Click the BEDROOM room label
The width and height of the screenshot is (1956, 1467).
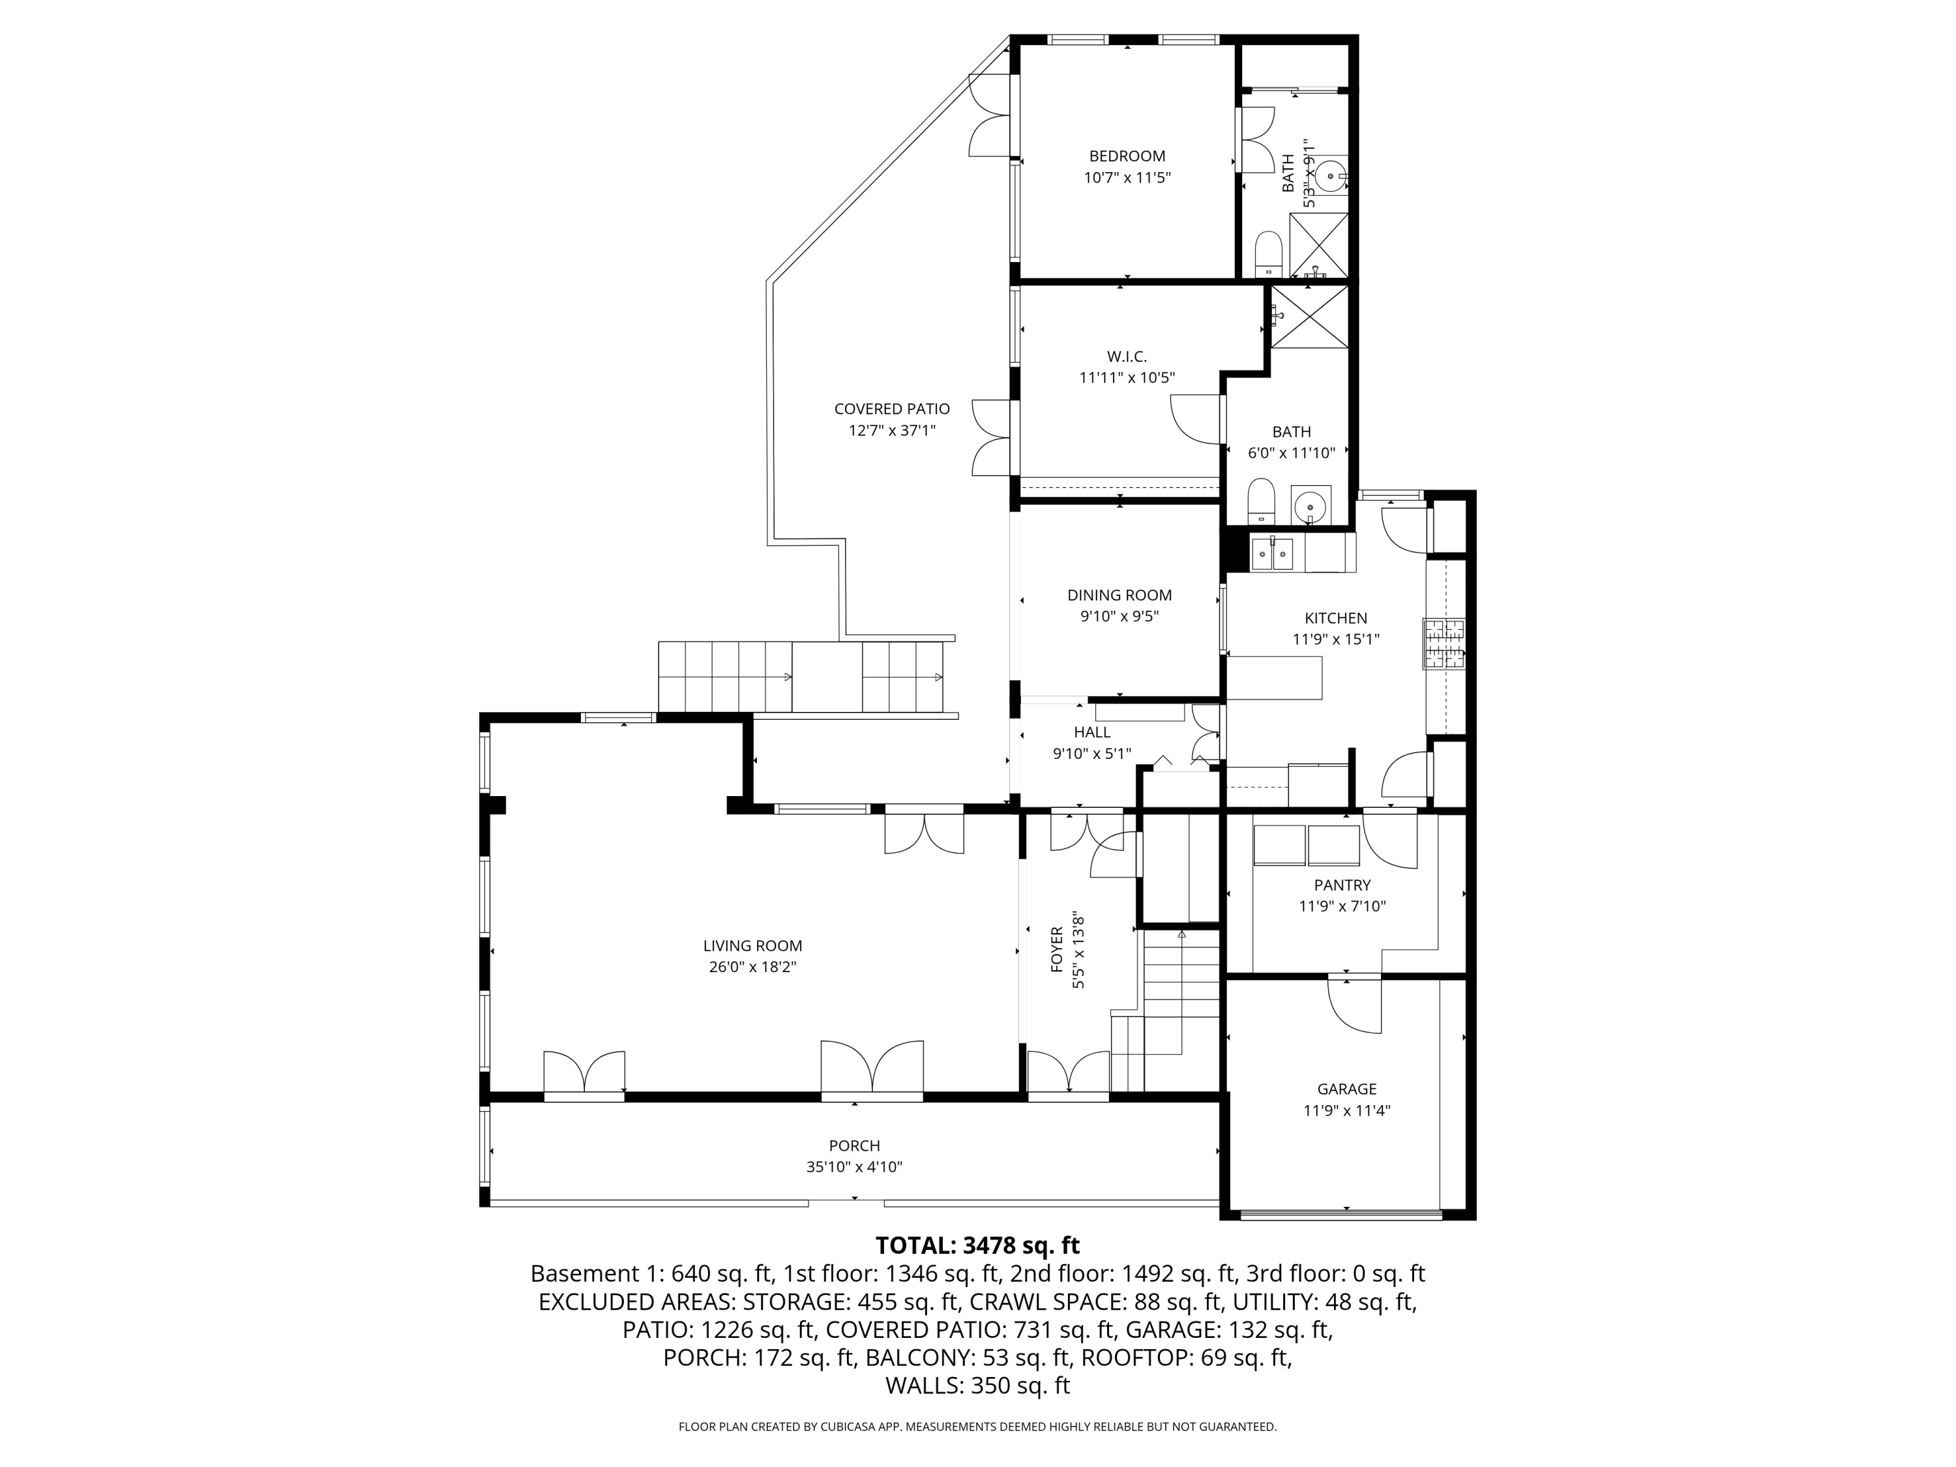1127,156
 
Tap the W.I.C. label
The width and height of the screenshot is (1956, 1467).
1127,357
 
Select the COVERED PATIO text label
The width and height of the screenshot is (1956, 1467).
891,409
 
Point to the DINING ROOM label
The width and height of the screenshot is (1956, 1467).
1119,595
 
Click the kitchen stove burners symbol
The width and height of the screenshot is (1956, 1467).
1443,644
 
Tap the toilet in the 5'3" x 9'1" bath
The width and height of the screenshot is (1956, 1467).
1269,254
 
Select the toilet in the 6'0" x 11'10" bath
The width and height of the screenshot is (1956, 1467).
1260,501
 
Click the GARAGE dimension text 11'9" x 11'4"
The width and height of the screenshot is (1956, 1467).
1347,1110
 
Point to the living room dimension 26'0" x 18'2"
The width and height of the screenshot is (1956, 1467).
752,966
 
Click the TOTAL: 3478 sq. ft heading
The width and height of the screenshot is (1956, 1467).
977,1245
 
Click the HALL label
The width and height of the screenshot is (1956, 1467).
1092,732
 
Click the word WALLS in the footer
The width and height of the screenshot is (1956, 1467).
924,1385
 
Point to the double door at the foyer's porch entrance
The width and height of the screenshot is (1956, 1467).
1068,1073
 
